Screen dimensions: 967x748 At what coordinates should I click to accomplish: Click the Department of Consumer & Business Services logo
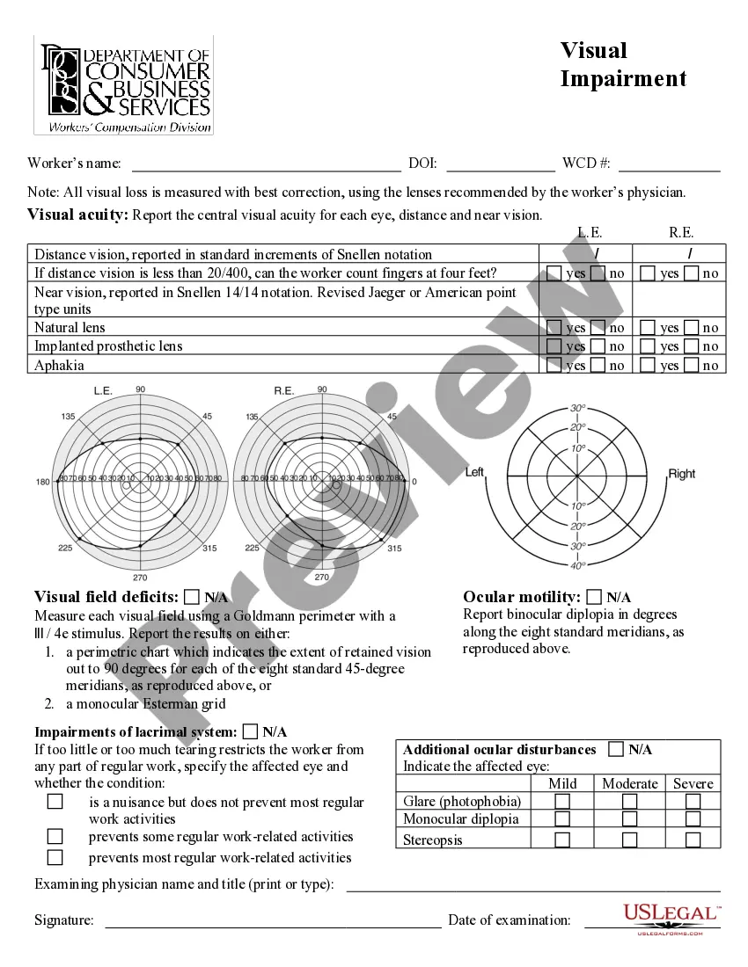tap(123, 85)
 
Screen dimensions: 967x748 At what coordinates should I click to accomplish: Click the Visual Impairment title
tap(623, 64)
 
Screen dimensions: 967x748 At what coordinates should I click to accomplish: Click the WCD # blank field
tap(669, 164)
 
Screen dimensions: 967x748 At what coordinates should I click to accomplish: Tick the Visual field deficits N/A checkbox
tap(192, 597)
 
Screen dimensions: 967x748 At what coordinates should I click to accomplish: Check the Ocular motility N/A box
tap(594, 597)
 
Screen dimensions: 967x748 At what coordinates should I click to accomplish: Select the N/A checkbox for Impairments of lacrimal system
tap(251, 731)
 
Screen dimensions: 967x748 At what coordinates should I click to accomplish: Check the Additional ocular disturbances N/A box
tap(616, 749)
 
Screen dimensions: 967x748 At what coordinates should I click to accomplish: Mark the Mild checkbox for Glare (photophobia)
tap(562, 801)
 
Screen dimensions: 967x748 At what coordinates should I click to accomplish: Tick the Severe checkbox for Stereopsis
tap(693, 840)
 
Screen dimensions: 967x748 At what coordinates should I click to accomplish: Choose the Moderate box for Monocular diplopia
tap(629, 819)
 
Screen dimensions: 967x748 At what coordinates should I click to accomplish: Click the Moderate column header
tap(629, 783)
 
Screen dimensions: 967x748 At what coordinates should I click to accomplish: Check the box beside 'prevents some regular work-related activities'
tap(55, 836)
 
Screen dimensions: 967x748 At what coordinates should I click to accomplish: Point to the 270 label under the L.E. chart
tap(141, 577)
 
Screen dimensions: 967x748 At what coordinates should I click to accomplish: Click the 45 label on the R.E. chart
tap(392, 417)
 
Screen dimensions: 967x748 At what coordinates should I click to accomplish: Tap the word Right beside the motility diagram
tap(681, 474)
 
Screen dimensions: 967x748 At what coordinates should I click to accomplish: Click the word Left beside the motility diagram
tap(475, 473)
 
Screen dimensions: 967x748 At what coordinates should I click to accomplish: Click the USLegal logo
tap(672, 918)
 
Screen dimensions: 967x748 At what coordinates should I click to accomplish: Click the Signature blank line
tap(273, 920)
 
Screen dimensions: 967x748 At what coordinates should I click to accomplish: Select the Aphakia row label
tap(59, 365)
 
